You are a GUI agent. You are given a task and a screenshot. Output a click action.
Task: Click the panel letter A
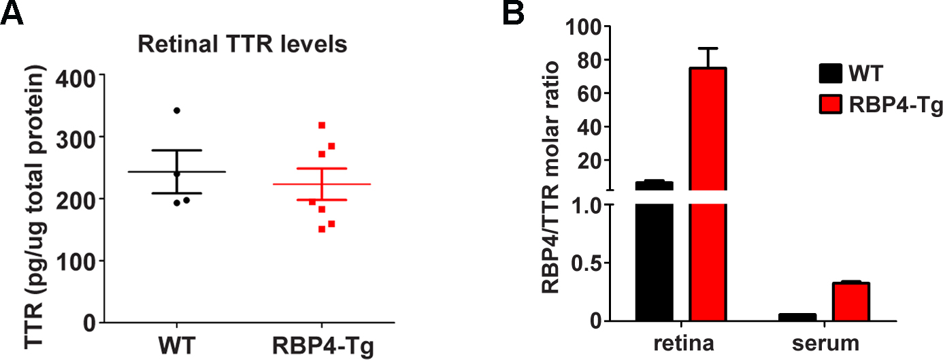coord(13,13)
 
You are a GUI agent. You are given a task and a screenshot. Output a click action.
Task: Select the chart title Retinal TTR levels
coord(243,46)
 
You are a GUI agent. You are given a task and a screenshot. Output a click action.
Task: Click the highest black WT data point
coord(177,110)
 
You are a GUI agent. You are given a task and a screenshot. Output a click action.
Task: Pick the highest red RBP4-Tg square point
coord(321,125)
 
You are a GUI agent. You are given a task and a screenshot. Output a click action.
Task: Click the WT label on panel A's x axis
coord(176,345)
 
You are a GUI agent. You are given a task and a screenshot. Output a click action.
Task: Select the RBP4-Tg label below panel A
coord(321,345)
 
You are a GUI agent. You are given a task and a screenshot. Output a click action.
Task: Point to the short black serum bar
coord(797,317)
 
